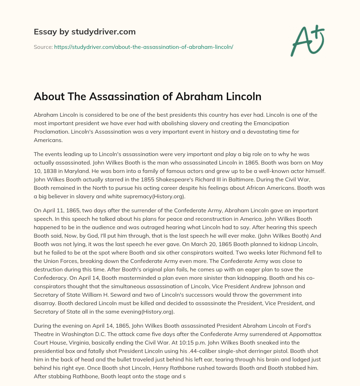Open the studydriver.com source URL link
coord(143,47)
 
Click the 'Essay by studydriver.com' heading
coord(84,32)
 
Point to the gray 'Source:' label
coord(43,47)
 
